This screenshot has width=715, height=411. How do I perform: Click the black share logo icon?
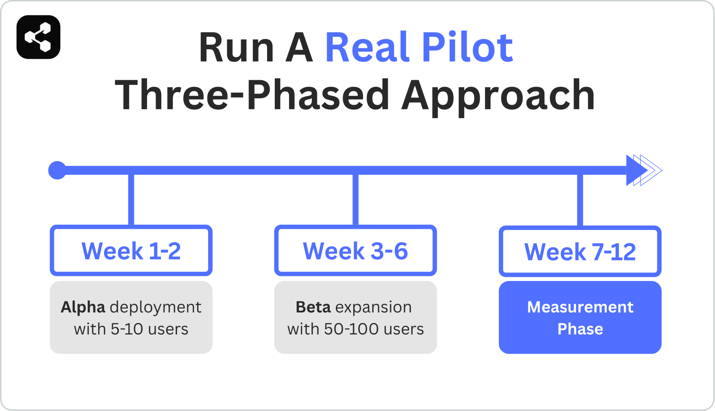(38, 37)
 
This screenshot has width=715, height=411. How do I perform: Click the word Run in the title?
(236, 48)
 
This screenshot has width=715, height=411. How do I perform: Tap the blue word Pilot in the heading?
(467, 48)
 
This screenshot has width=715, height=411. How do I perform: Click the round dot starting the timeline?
(57, 170)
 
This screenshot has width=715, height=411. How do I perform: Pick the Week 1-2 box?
(131, 251)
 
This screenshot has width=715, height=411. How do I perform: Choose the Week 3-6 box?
(355, 251)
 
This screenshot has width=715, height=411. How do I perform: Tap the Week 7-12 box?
(580, 251)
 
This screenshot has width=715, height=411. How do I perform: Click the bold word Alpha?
(83, 307)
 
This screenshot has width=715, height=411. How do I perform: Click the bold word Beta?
(313, 307)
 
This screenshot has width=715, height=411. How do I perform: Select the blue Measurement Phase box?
(580, 317)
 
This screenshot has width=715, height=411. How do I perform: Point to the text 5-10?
(127, 329)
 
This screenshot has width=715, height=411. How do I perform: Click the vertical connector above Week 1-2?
(131, 200)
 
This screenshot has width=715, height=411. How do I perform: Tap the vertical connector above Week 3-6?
(355, 200)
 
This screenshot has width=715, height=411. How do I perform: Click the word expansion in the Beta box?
(374, 307)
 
